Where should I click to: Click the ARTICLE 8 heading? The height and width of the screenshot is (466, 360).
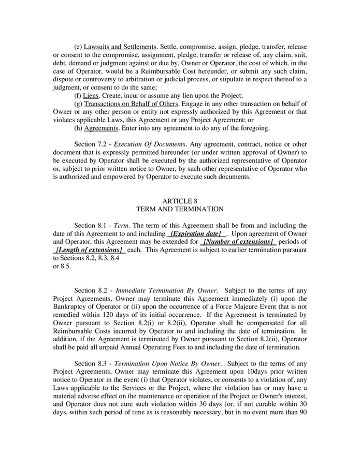[179, 200]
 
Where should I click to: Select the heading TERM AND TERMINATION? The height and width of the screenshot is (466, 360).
[179, 209]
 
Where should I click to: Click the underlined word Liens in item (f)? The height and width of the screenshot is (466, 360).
[92, 96]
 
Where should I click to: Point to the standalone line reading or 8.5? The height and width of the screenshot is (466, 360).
[62, 267]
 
